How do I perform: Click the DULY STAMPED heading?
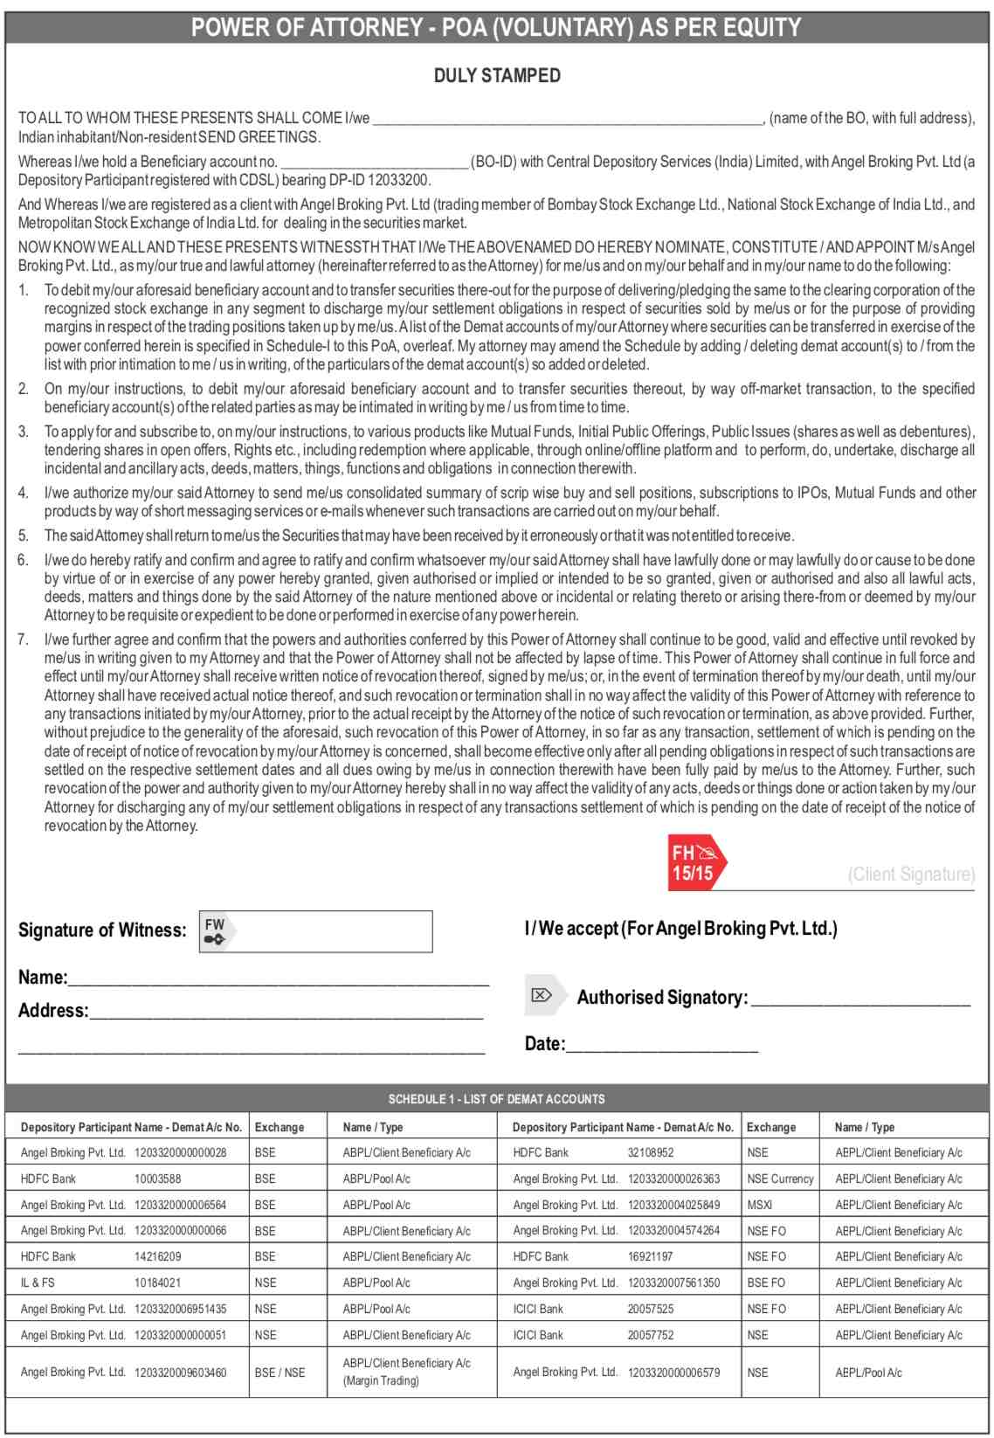[497, 76]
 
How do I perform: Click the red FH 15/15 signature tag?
[696, 862]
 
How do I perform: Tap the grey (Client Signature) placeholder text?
[911, 875]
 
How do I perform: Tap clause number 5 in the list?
[24, 536]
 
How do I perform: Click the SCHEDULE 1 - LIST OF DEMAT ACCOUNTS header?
[496, 1099]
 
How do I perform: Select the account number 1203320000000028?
[180, 1153]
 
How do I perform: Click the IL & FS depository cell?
[37, 1282]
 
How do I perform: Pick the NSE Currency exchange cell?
[780, 1179]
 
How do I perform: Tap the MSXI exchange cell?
[759, 1205]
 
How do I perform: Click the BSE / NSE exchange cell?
[280, 1372]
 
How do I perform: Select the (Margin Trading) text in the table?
[381, 1381]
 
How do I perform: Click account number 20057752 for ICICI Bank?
[651, 1335]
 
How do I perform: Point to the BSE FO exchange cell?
[766, 1282]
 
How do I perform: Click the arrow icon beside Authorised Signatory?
[542, 996]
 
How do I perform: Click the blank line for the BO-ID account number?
[376, 162]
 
